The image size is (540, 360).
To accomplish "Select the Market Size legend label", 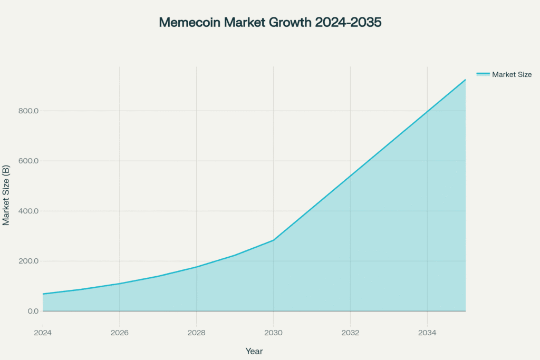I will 512,74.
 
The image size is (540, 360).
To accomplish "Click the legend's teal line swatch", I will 483,74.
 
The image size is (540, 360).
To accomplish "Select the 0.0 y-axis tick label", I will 32,311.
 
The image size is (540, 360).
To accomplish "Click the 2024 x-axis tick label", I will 43,333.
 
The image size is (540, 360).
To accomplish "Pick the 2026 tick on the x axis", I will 120,333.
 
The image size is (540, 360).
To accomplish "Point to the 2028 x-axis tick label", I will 197,333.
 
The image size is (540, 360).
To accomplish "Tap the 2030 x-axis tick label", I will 273,333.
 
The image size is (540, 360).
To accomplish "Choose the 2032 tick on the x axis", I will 350,333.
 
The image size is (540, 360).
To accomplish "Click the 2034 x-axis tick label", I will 427,333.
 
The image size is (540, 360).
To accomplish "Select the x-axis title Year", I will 254,351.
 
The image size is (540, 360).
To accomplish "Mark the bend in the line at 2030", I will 273,240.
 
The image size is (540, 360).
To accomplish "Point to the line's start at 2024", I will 43,294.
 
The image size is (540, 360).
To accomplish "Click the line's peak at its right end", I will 465,80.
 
